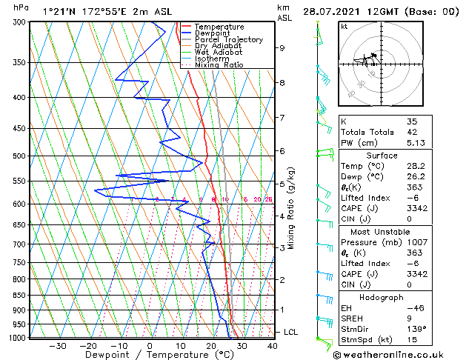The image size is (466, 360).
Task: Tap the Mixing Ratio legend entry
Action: (219, 65)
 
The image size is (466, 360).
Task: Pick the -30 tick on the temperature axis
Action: (58, 346)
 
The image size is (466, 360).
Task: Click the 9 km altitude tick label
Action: (282, 48)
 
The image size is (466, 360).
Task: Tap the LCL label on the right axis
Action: (290, 332)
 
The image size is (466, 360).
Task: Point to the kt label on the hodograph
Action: (344, 27)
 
